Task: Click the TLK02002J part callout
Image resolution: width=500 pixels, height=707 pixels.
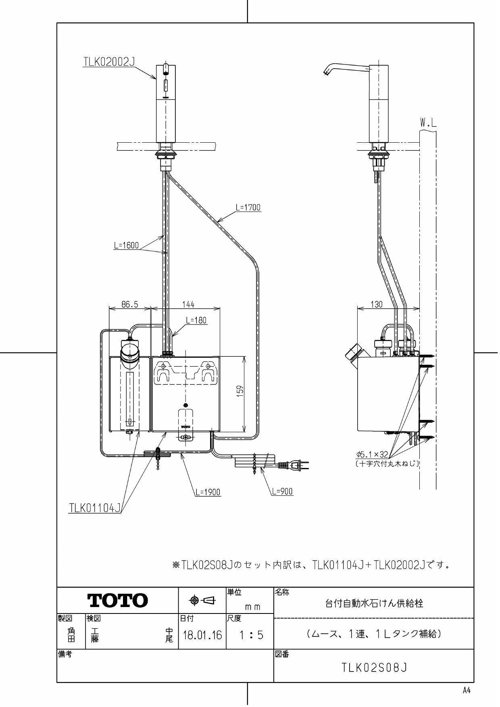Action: [x=109, y=62]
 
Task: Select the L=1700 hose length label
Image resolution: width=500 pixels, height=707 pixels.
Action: [x=248, y=207]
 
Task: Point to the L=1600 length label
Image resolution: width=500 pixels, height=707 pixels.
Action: [x=126, y=245]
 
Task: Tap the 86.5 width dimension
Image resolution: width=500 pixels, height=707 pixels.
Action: [x=130, y=304]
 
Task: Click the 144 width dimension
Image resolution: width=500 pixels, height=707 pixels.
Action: [x=188, y=304]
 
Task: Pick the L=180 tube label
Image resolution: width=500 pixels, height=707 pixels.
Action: [x=196, y=320]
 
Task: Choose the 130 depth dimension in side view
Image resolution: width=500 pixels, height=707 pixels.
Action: [x=376, y=304]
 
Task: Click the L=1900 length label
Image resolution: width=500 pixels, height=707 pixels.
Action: [x=208, y=492]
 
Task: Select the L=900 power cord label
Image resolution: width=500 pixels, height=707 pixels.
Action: [x=282, y=491]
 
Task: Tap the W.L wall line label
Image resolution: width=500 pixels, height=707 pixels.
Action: [x=428, y=123]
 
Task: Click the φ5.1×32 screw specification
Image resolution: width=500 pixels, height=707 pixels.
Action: [x=372, y=454]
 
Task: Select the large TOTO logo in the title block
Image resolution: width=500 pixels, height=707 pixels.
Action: [x=118, y=601]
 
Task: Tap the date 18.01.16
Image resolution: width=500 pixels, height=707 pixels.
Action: [x=202, y=636]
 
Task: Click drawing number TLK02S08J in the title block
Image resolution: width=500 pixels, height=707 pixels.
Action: [x=375, y=668]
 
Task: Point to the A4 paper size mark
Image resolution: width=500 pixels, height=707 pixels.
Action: [x=467, y=690]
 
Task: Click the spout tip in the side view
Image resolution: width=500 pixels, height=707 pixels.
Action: [x=325, y=73]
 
